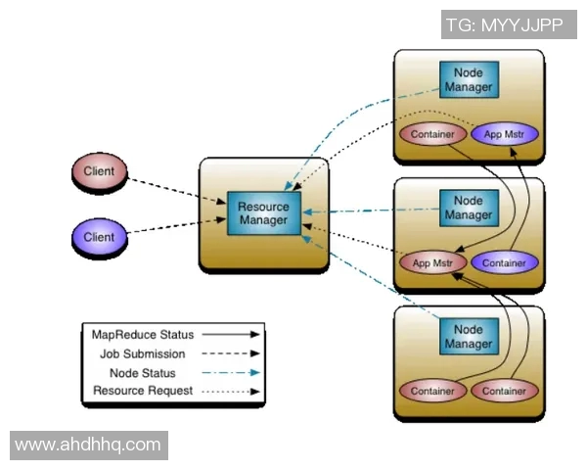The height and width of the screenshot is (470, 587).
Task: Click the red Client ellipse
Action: (99, 172)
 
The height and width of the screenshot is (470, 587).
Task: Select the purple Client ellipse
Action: (99, 237)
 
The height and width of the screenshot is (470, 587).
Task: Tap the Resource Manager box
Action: (263, 213)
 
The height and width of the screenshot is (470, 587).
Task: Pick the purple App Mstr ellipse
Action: (504, 134)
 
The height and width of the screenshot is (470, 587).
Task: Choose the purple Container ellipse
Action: (504, 262)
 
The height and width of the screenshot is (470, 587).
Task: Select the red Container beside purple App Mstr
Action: (430, 134)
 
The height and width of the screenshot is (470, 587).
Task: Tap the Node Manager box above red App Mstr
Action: (469, 208)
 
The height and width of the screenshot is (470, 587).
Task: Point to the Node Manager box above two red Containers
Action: (469, 338)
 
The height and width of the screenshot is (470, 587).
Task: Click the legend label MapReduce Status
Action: (143, 335)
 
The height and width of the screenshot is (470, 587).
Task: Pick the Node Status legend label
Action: (143, 373)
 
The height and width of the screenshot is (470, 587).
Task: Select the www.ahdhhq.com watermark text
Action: (88, 445)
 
